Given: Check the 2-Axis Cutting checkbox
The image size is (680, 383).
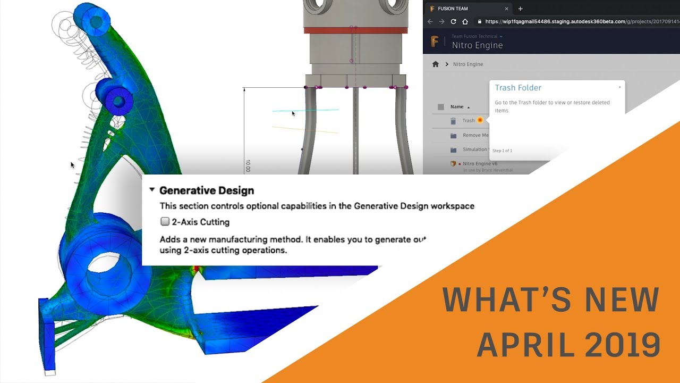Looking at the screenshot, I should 165,222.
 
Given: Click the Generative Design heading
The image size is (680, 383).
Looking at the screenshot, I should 206,190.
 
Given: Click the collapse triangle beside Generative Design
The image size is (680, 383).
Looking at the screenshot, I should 152,190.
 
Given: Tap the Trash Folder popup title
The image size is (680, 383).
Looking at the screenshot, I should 518,88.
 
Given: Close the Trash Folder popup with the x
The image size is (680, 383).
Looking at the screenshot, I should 619,87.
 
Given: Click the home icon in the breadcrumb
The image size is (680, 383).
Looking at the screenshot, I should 436,64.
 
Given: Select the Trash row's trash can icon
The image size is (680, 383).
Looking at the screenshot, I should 453,121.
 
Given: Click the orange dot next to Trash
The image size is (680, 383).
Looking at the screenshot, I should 480,120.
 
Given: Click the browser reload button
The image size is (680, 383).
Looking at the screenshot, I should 453,22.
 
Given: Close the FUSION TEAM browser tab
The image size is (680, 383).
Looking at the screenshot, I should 506,9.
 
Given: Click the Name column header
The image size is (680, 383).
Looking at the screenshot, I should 457,107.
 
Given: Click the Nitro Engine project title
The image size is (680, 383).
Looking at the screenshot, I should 477,45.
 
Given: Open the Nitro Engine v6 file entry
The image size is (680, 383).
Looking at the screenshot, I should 479,164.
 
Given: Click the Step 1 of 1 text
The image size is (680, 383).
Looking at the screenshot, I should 502,151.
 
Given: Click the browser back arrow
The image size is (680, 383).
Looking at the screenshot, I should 430,22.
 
